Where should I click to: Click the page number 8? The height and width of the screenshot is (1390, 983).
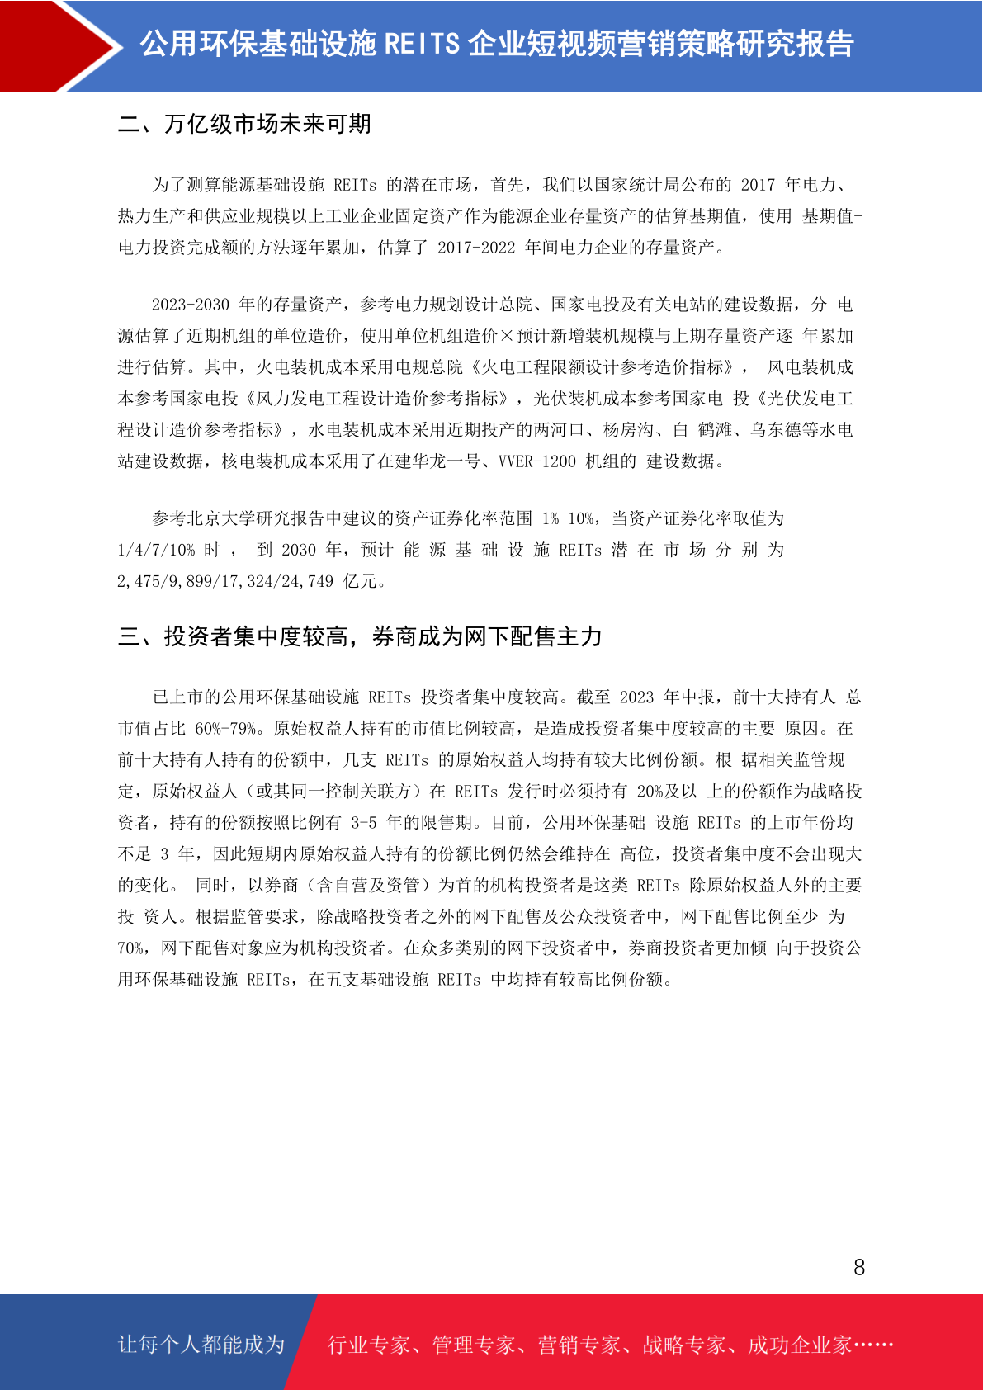859,1268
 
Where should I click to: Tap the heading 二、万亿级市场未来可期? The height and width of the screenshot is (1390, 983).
244,124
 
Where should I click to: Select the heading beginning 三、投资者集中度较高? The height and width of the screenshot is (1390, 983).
360,636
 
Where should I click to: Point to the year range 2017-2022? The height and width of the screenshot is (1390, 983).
476,248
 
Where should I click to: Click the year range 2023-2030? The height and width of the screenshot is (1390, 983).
191,305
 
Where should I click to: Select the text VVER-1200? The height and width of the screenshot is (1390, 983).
537,461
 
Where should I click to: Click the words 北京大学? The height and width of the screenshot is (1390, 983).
222,518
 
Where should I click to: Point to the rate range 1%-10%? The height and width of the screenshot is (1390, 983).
568,518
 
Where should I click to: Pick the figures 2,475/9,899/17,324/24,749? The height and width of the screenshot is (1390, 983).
225,581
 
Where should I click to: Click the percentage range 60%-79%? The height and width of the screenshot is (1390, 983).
225,729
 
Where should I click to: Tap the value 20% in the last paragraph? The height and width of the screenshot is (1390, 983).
655,792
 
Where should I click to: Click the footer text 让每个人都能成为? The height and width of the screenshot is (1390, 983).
201,1345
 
